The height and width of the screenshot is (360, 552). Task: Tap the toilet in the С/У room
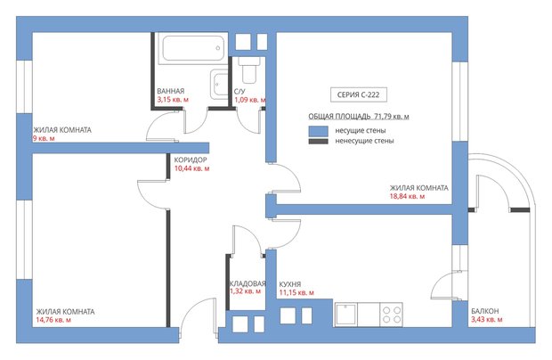[249, 70]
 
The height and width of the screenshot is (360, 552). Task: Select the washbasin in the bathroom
[219, 84]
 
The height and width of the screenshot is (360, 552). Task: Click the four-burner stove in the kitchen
[392, 315]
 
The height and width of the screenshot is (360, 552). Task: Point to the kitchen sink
[345, 315]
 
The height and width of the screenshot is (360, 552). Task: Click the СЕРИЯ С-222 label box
[359, 94]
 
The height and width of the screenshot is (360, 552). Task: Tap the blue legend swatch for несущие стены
[318, 131]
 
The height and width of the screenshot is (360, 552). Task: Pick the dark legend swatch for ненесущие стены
[318, 142]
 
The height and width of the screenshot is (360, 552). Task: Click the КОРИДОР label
[191, 160]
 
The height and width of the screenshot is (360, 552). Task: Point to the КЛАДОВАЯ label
[248, 283]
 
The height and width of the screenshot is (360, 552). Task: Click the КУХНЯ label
[290, 284]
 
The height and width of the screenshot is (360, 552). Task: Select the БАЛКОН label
[485, 311]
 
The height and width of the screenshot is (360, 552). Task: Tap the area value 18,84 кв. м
[407, 196]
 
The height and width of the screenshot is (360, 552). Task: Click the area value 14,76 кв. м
[53, 320]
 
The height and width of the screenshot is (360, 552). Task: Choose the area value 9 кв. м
[44, 138]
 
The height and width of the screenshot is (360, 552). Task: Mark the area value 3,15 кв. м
[173, 100]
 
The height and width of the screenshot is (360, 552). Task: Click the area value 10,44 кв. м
[191, 168]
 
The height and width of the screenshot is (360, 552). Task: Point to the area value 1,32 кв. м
[245, 291]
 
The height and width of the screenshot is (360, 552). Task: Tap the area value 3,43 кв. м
[487, 320]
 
